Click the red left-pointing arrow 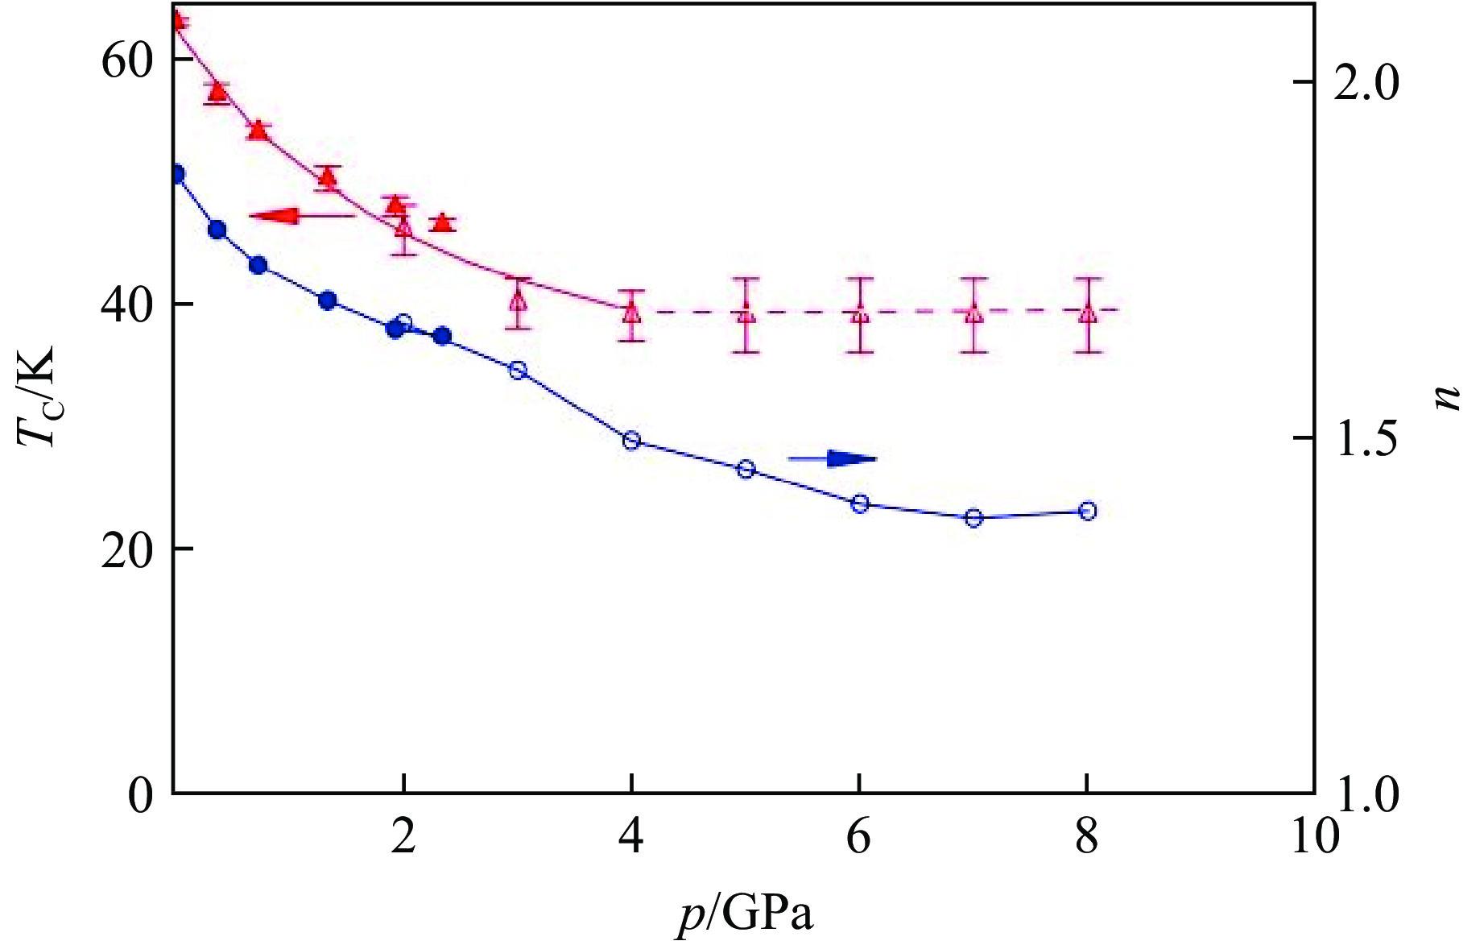(300, 215)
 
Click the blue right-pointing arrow (833, 458)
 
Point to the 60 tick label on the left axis (126, 62)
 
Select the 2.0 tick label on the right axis (1366, 84)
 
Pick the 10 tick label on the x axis (1314, 838)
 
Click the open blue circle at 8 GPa (1087, 511)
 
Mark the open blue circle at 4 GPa (631, 440)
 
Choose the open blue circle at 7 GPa (973, 517)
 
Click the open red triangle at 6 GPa (860, 313)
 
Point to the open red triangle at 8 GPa (1088, 312)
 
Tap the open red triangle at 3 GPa (518, 301)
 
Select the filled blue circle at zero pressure (177, 174)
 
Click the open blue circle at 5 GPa (746, 469)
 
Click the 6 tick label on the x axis (859, 838)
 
